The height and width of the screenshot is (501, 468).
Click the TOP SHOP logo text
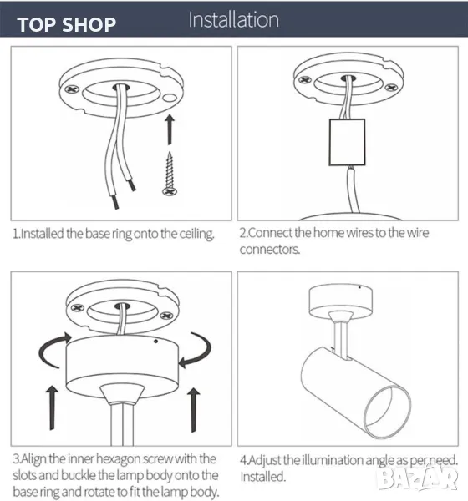[67, 24]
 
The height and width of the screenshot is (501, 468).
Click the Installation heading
[233, 20]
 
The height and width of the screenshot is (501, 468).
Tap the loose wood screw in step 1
[170, 174]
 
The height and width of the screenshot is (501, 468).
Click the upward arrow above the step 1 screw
[170, 129]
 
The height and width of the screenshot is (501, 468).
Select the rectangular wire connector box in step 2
[347, 142]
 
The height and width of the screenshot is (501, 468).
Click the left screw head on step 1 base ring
[72, 89]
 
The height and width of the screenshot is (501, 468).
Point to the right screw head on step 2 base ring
[391, 87]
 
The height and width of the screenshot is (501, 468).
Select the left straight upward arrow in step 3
[52, 407]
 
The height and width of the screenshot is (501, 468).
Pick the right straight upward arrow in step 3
[193, 410]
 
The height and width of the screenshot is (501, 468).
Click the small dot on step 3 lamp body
[155, 342]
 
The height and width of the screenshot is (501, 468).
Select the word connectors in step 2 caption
[270, 250]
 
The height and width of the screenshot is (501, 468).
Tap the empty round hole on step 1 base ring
[171, 98]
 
